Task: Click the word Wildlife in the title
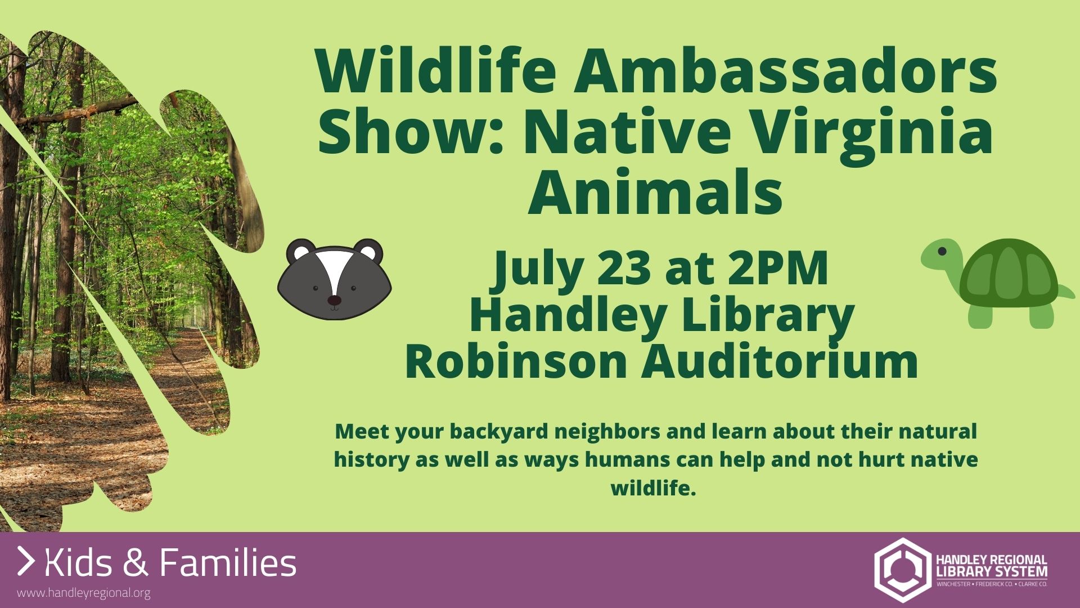(436, 71)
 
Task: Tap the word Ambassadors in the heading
(786, 71)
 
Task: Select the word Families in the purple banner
(228, 563)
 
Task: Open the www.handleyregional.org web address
(84, 593)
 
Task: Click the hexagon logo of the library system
(902, 570)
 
